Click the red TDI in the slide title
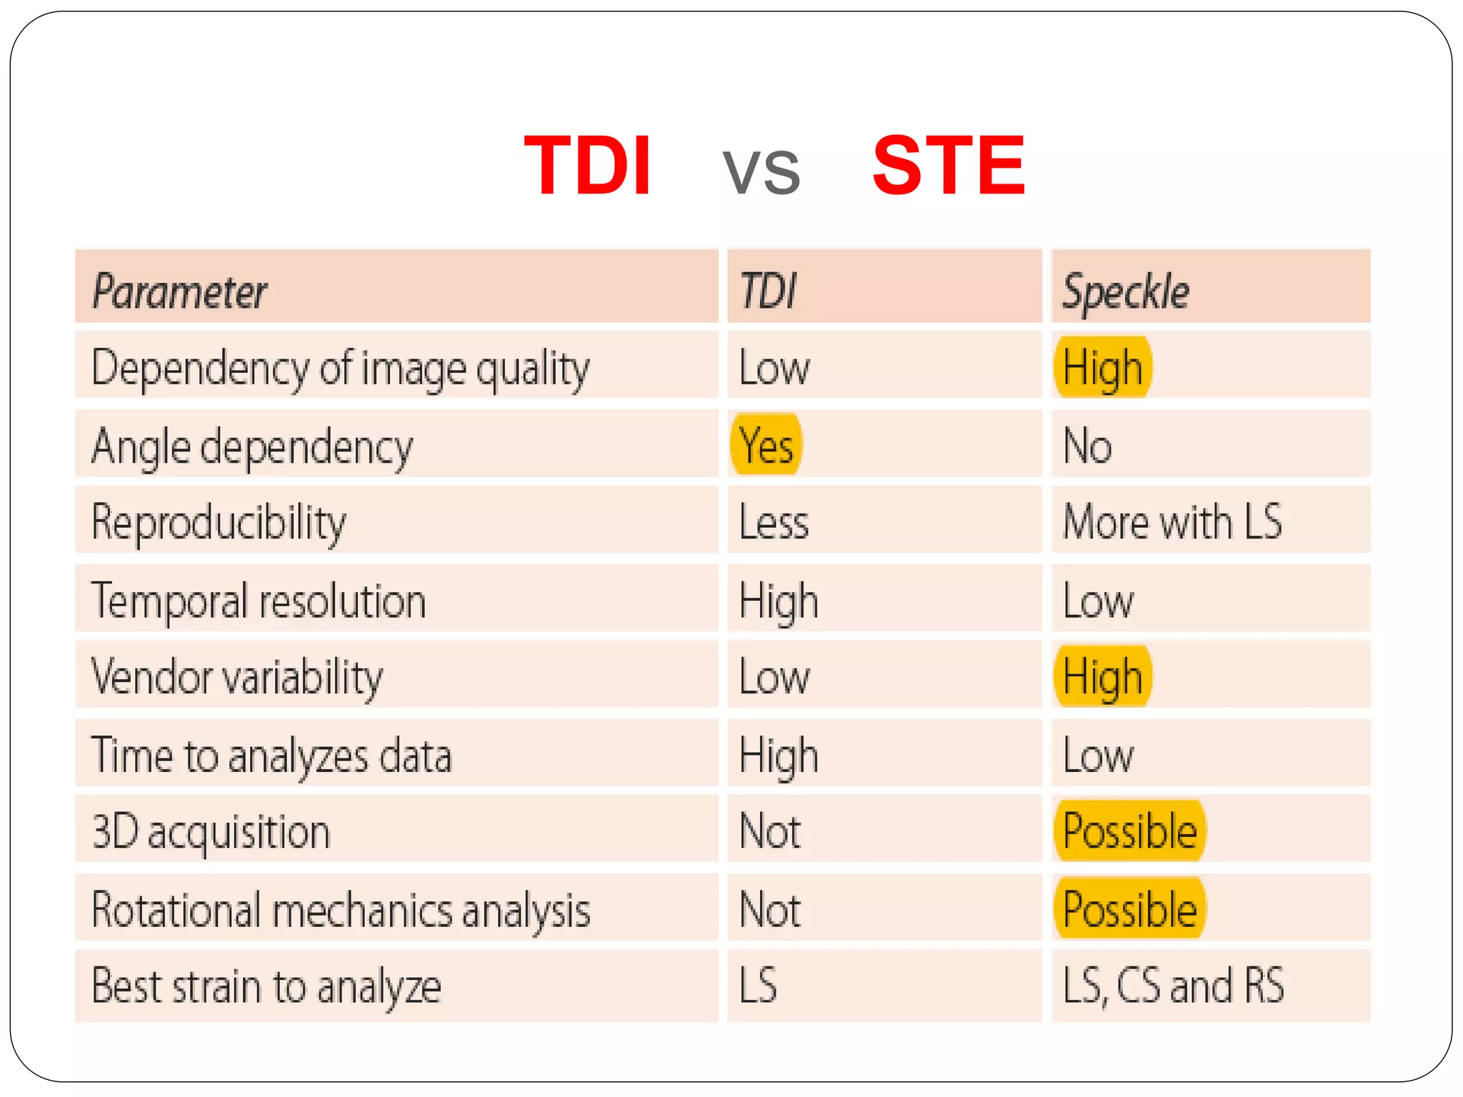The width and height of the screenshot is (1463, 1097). point(587,166)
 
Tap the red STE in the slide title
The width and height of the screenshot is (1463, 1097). point(949,166)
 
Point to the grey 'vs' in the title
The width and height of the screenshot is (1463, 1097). point(761,171)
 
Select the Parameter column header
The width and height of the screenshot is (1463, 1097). point(179,291)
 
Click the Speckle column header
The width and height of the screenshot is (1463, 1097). point(1126,291)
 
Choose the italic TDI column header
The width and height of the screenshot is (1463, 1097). point(768,291)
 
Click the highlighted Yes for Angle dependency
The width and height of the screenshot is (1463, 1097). point(766,445)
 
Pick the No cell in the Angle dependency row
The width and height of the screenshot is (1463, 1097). point(1087,446)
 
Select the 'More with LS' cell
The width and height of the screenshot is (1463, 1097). point(1172,521)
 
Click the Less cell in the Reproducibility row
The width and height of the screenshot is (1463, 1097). point(774,522)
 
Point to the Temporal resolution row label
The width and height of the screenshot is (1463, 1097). point(259,600)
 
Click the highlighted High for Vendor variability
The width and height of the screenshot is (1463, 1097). point(1102,676)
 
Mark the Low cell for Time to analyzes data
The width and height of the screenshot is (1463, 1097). point(1098,755)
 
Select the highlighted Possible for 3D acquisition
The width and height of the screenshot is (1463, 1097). point(1129,831)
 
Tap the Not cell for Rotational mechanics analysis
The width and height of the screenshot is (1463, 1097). point(769,909)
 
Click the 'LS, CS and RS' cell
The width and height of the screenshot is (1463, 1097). point(1173,986)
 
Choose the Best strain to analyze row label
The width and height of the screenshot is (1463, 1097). point(266,986)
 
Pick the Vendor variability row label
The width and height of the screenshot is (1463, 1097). point(237,676)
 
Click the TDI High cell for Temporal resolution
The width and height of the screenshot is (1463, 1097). point(779,601)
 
